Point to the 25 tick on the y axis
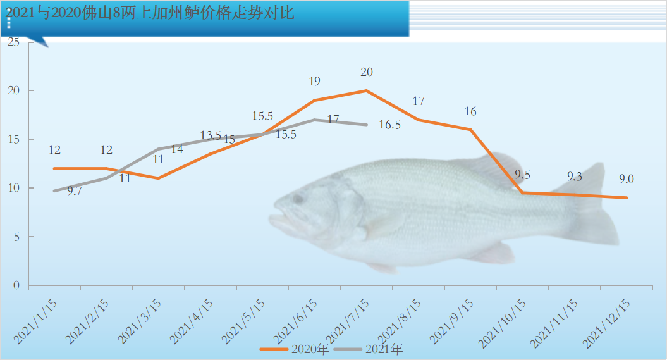coord(14,42)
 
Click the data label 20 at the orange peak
coord(367,72)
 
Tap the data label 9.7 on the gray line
coord(74,190)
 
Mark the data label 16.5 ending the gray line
coord(390,125)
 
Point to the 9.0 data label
coord(627,179)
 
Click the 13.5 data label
coord(211,135)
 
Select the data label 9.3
coord(574,177)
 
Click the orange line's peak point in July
coord(367,90)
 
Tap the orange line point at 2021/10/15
coord(523,192)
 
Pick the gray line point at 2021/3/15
coord(158,149)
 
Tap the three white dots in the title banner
coord(9,22)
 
